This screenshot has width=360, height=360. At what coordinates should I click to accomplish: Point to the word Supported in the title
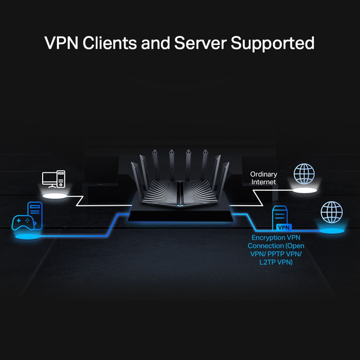[x=277, y=44]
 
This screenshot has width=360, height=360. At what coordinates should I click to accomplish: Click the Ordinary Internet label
[x=263, y=178]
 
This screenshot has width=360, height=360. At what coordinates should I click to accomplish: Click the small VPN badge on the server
[x=284, y=228]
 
